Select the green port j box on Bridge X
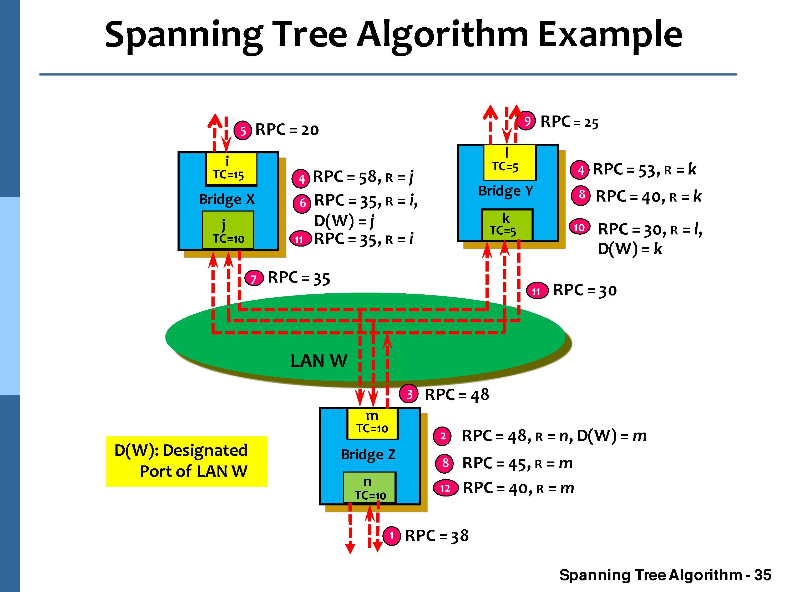coord(228,230)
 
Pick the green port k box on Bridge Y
coord(507,225)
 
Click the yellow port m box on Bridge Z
coord(372,423)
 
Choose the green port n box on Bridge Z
coord(369,487)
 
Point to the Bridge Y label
coord(506,191)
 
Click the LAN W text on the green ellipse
coord(318,361)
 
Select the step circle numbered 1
coord(391,536)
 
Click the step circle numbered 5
coord(242,131)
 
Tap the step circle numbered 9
coord(527,121)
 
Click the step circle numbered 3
coord(409,394)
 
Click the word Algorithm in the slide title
coord(443,35)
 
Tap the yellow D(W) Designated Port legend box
coord(186,461)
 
